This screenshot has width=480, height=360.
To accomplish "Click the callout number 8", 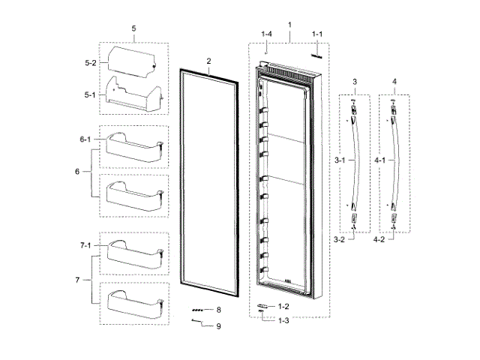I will [218, 309].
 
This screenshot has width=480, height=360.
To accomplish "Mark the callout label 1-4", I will [266, 35].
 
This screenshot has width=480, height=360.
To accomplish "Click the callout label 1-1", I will [316, 35].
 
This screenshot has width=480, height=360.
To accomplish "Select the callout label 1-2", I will [283, 307].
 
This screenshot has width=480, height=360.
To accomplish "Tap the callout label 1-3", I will [283, 321].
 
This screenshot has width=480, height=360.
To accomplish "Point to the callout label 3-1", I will [339, 160].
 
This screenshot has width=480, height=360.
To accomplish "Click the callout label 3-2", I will [339, 240].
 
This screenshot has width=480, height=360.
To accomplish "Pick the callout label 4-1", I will [380, 160].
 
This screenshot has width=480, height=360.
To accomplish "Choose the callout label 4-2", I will [380, 240].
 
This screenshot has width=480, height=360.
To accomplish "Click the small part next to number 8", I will [198, 309].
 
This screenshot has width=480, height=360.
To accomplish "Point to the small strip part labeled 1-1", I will [316, 54].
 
